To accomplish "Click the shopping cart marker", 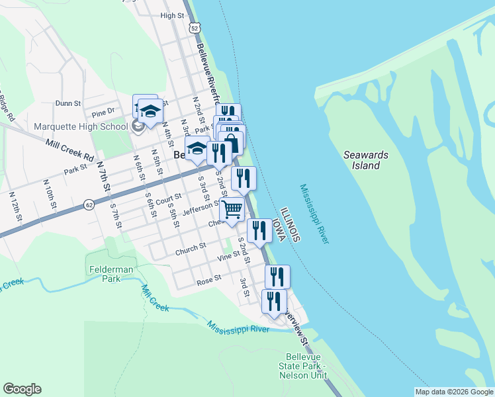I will [x=232, y=209].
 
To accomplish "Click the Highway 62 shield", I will [x=89, y=205].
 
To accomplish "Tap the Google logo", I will [x=22, y=389].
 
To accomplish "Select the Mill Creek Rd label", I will [x=69, y=150].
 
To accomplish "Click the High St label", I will [x=171, y=15].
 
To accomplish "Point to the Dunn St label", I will [x=67, y=103].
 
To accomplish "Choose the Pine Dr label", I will [x=103, y=111].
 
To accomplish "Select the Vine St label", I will [x=228, y=255].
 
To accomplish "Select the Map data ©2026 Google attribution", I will [x=454, y=392].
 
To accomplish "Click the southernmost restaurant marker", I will [x=274, y=301].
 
